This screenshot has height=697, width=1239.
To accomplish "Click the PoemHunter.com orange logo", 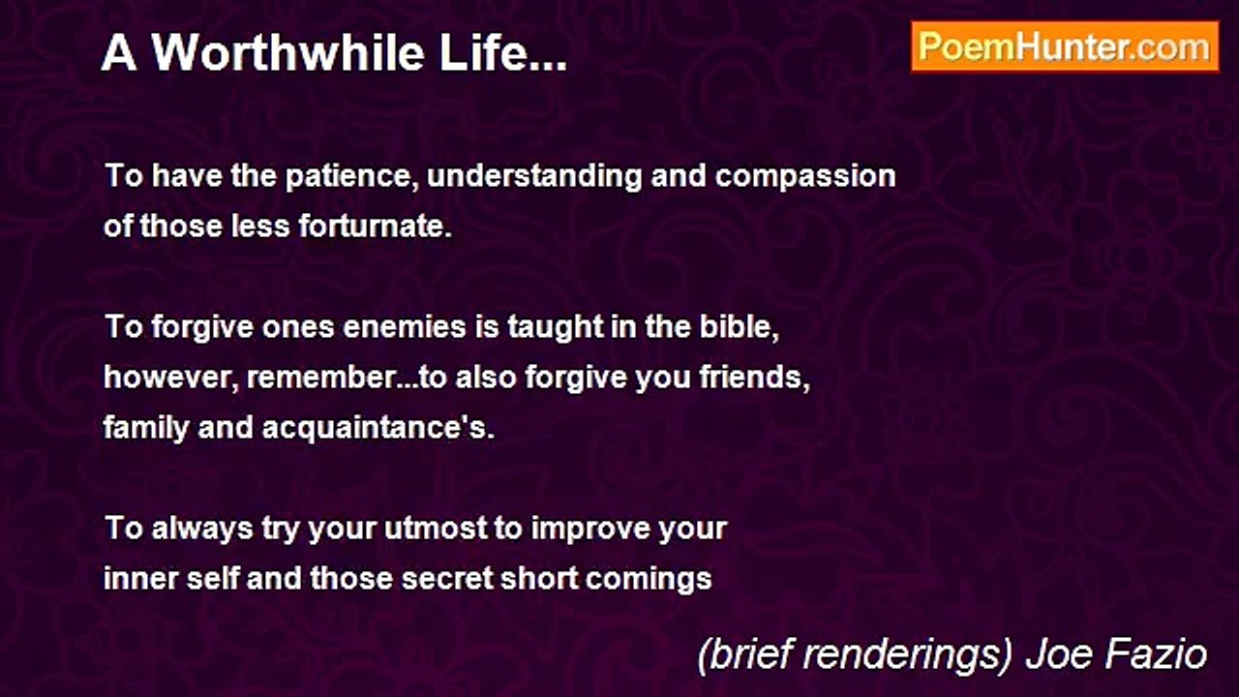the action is pyautogui.click(x=1065, y=47).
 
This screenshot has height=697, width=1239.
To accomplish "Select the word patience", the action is pyautogui.click(x=352, y=176).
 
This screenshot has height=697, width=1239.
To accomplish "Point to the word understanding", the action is pyautogui.click(x=534, y=176).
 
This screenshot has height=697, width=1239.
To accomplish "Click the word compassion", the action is pyautogui.click(x=805, y=177).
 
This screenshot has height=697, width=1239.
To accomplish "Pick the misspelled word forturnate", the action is pyautogui.click(x=376, y=226).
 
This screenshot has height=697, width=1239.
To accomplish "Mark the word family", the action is pyautogui.click(x=146, y=428).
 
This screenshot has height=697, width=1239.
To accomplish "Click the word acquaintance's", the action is pyautogui.click(x=378, y=428).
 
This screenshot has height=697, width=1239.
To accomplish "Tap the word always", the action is pyautogui.click(x=202, y=529).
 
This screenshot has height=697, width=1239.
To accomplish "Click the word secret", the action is pyautogui.click(x=447, y=579).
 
